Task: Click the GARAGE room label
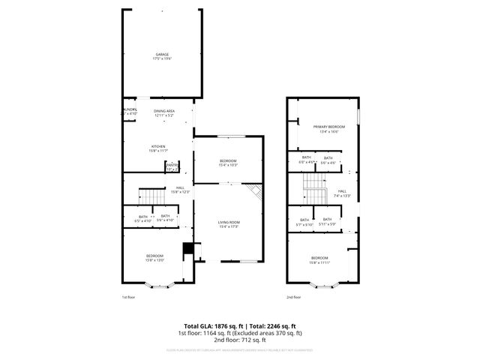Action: [x=163, y=56]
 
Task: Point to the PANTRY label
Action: [x=172, y=166]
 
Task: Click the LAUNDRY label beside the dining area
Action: [x=129, y=112]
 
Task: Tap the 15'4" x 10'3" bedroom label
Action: [x=229, y=163]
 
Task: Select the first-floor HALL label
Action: [x=180, y=190]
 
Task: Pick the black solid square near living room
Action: [x=188, y=250]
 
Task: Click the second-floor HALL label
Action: [x=342, y=193]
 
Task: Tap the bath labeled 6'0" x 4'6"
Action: [x=306, y=160]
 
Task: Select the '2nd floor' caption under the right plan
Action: [x=293, y=297]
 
